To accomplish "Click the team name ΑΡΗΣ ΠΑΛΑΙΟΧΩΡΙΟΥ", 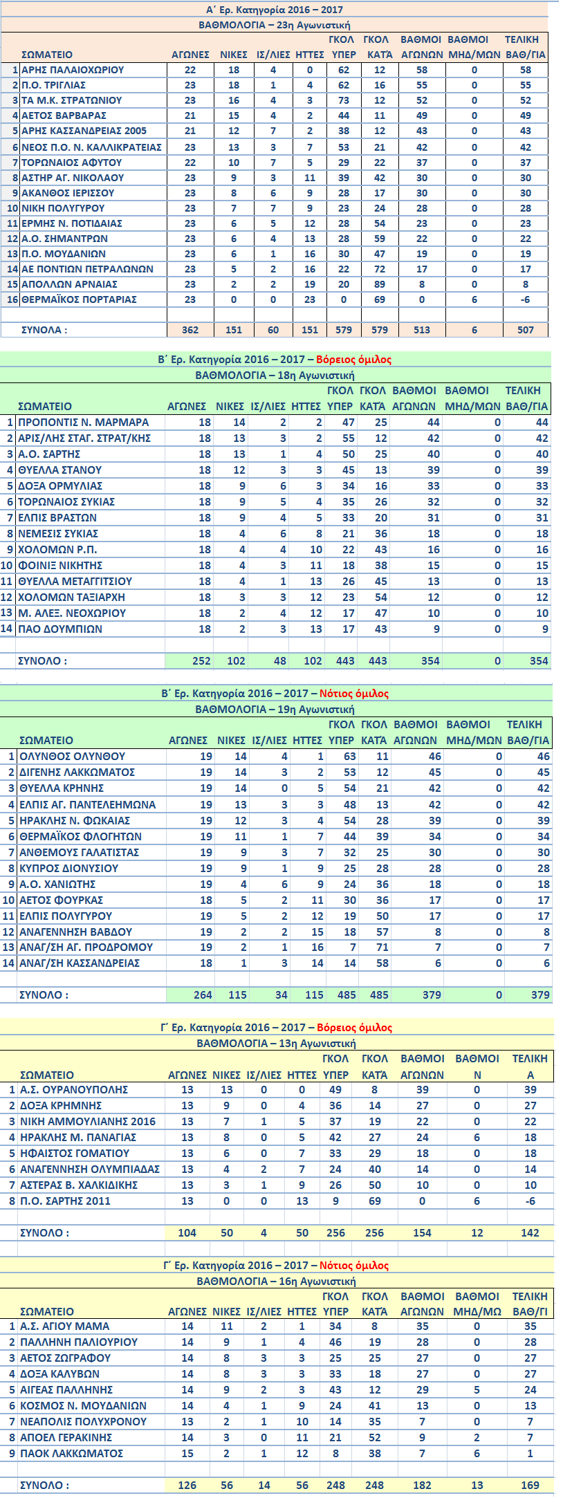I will pos(73,70).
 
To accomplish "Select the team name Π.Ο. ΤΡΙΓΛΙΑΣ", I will pos(54,85).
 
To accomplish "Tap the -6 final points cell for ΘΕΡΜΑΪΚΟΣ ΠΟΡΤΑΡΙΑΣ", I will pos(525,299).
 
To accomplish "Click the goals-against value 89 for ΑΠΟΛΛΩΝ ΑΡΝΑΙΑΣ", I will pos(379,284).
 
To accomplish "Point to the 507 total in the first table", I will pos(525,330).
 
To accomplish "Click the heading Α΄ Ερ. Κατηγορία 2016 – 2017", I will pos(275,10).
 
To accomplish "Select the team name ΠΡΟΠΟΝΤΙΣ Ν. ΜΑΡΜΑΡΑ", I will pos(83,422).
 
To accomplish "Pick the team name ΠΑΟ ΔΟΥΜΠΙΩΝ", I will pos(60,629).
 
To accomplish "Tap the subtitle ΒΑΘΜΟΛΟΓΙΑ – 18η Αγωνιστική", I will pos(275,375).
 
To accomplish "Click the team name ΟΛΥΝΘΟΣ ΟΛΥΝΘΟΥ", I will pos(73,756).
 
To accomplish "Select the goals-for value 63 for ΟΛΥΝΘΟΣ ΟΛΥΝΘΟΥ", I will pos(349,756).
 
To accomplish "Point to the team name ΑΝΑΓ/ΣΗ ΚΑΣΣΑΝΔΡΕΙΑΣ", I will pos(80,963).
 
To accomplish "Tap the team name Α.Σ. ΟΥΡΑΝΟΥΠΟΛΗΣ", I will pos(74,1089).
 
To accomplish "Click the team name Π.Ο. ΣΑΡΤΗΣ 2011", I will pos(65,1201).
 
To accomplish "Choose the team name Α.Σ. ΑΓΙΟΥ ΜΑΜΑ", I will pos(65,1326).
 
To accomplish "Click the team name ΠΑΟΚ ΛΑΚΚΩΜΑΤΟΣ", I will pos(72,1453).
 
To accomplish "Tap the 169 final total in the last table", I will pos(530,1485).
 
